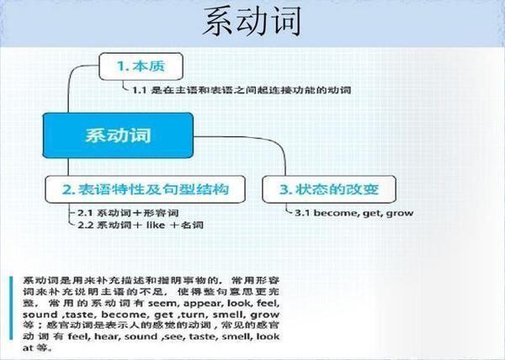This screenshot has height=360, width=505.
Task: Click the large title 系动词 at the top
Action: [252, 23]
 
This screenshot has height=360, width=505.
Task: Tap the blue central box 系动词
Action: [119, 135]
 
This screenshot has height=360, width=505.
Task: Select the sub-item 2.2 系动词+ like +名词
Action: [140, 225]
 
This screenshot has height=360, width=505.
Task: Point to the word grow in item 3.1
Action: [400, 213]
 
